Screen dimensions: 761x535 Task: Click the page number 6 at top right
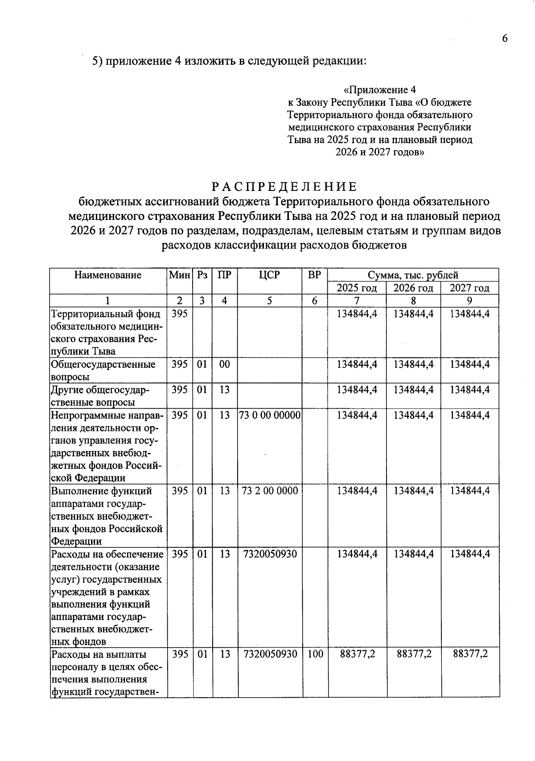click(x=504, y=39)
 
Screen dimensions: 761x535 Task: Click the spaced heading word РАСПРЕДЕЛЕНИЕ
click(x=284, y=186)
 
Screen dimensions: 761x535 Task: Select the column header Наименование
click(x=108, y=275)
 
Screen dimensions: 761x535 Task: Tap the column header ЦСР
click(x=269, y=275)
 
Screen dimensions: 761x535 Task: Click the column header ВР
click(x=314, y=275)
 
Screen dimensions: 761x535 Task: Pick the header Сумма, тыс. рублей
click(x=413, y=275)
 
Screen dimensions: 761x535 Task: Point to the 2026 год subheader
click(x=413, y=288)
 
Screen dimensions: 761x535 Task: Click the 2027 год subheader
click(x=469, y=288)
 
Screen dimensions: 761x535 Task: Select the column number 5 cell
click(x=269, y=301)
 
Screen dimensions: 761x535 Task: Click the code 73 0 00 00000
click(x=270, y=415)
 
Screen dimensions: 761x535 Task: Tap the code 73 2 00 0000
click(x=270, y=491)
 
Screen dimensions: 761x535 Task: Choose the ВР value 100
click(x=315, y=655)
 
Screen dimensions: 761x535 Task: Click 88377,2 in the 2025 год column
click(x=357, y=655)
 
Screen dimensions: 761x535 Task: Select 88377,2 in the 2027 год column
click(x=470, y=655)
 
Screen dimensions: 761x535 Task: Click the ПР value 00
click(x=225, y=364)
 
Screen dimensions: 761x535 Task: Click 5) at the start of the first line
click(x=98, y=61)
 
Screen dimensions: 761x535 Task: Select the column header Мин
click(x=179, y=275)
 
